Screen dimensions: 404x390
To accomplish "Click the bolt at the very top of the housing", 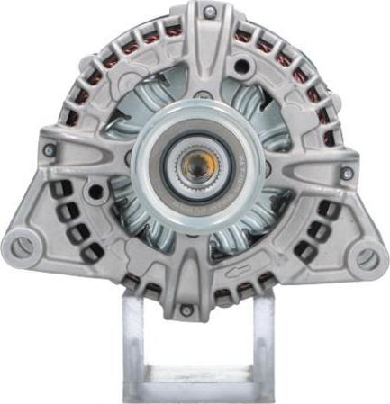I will coord(209,12).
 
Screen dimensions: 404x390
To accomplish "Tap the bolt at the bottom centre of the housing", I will coord(187,310).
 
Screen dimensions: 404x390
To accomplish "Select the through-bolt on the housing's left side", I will coord(50,150).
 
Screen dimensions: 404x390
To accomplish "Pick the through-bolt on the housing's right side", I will coord(347,173).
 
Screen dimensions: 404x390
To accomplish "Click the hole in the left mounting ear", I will coord(23,243).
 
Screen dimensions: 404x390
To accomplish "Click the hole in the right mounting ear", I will coord(367,259).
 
